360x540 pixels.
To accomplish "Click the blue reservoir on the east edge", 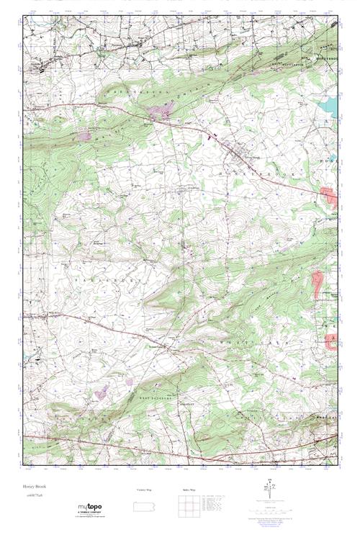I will (x=330, y=108).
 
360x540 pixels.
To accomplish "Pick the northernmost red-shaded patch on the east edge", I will (x=328, y=197).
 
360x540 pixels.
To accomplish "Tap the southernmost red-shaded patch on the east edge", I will (x=330, y=341).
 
